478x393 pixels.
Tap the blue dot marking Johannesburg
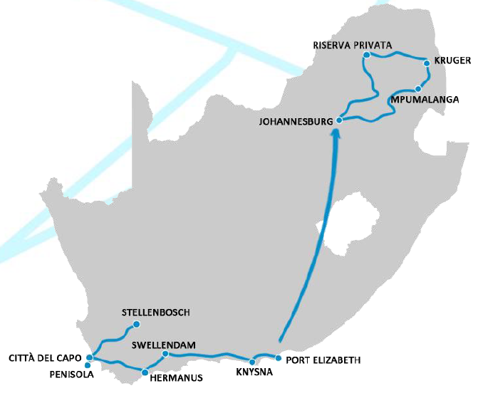pos(339,120)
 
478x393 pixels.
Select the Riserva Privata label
pos(353,45)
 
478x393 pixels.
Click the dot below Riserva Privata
pos(365,55)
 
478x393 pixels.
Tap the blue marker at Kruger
pos(427,63)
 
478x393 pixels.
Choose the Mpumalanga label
pos(425,100)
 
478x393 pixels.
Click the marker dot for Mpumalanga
pos(418,89)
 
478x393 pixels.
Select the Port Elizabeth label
pos(323,360)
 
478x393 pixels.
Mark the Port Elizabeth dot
pos(279,357)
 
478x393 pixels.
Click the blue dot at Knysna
pos(252,362)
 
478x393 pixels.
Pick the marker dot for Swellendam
pos(165,354)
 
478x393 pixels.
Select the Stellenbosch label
pos(156,313)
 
